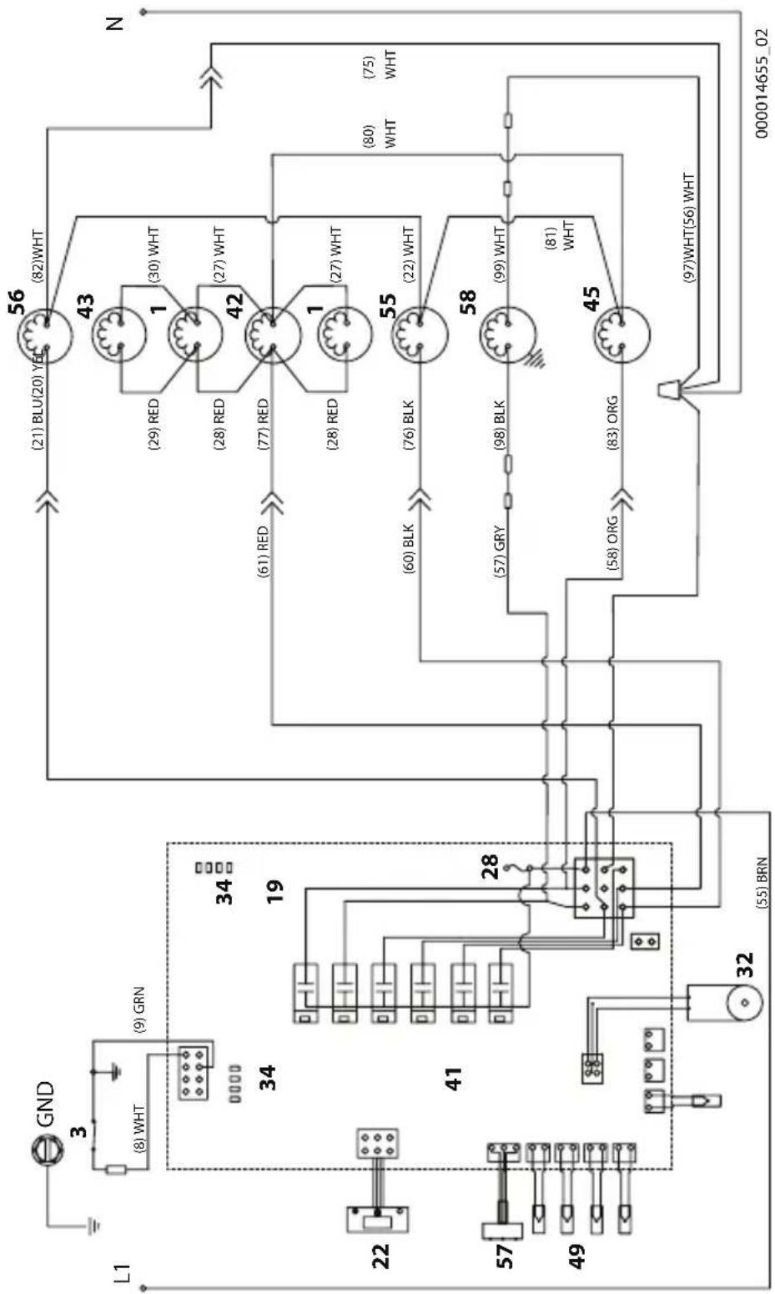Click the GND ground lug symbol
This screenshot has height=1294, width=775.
point(45,1133)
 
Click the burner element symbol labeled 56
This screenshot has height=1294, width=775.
point(45,334)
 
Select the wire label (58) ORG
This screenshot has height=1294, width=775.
point(613,544)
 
